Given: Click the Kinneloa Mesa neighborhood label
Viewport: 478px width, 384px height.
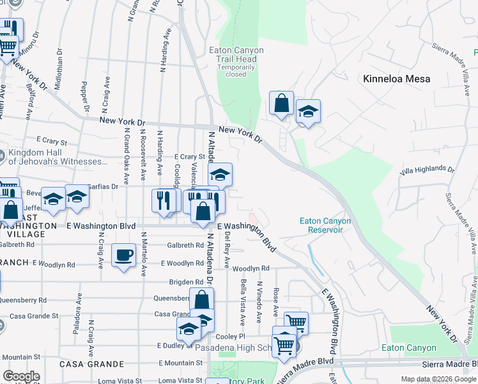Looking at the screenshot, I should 396,79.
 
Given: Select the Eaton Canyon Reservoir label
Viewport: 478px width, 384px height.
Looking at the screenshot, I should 325,225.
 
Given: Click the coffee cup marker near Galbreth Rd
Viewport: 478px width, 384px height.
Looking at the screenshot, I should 123,255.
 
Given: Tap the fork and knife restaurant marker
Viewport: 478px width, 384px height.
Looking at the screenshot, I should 164,200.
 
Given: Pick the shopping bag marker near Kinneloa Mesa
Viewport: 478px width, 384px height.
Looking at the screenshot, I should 281,102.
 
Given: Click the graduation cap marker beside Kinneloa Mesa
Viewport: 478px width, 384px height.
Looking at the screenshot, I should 307,111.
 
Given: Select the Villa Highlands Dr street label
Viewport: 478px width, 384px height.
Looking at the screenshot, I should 427,170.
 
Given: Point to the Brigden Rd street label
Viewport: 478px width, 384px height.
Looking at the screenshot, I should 185,282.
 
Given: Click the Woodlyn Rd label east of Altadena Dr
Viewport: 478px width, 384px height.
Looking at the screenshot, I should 251,269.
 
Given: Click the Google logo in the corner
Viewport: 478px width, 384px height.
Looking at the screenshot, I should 21,376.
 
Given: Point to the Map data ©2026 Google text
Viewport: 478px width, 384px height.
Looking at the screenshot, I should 438,380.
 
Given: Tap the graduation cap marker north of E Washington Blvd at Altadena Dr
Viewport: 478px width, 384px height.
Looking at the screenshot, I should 219,174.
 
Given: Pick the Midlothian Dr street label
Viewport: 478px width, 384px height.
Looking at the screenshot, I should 59,68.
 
